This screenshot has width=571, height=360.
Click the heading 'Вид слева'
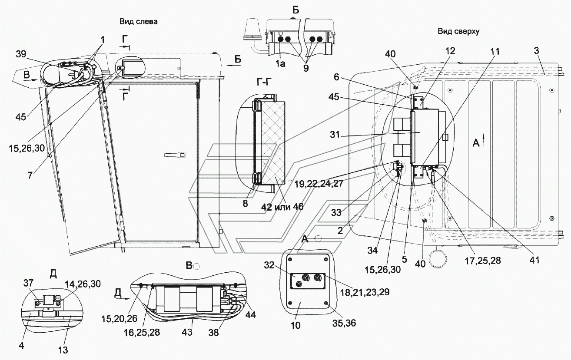click(x=139, y=22)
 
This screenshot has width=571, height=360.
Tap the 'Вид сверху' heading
click(x=458, y=31)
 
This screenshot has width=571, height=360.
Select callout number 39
click(x=21, y=54)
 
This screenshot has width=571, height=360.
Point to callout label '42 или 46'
click(x=282, y=207)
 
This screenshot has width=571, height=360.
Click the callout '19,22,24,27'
click(x=319, y=183)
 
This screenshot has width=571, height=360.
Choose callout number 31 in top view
click(x=335, y=134)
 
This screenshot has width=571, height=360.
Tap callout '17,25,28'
click(x=483, y=261)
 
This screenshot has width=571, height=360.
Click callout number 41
click(x=534, y=260)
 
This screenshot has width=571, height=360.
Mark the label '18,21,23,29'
click(x=365, y=292)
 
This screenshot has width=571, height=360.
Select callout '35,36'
click(x=344, y=323)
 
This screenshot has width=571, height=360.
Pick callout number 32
click(x=269, y=265)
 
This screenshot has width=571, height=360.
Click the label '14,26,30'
click(x=83, y=284)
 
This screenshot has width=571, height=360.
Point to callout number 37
click(x=29, y=283)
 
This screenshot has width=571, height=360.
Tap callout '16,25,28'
click(x=142, y=332)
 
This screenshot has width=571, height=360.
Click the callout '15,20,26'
click(x=120, y=318)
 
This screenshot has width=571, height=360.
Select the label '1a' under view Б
click(x=280, y=64)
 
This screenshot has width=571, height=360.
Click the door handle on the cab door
click(x=175, y=155)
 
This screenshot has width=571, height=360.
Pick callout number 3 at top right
click(x=536, y=50)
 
